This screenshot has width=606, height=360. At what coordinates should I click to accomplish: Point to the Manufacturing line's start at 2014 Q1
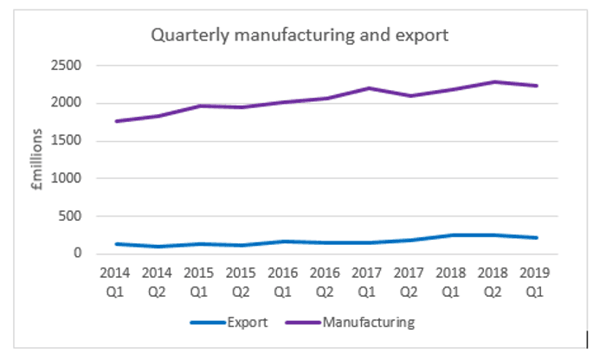click(x=115, y=121)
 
